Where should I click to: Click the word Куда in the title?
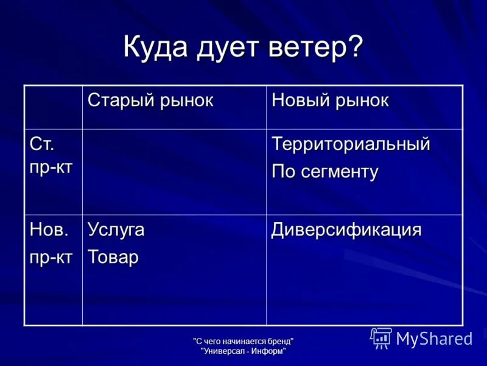coord(156,48)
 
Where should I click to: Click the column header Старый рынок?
coord(150,100)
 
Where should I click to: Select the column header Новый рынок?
coord(329,100)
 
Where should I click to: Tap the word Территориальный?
coord(350,145)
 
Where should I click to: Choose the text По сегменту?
coord(324,171)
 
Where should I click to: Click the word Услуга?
coord(116,230)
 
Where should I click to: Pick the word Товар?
coord(113,257)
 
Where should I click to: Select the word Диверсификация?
coord(346,230)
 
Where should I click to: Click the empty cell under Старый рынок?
coord(174,171)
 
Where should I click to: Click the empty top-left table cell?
coord(53,107)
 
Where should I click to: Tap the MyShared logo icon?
coord(381,338)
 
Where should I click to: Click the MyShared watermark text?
coord(434,339)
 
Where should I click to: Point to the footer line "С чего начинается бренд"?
coord(243,341)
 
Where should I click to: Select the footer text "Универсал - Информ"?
coord(243,351)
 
